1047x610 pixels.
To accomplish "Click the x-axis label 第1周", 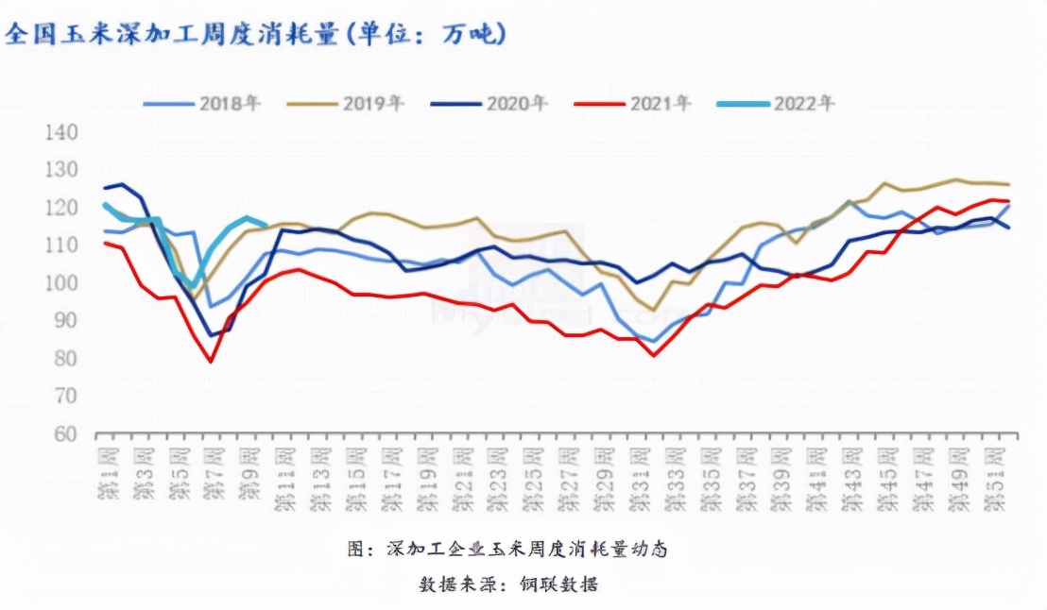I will click(108, 476).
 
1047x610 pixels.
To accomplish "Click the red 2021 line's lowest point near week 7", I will click(210, 362).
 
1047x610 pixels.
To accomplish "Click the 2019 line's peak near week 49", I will click(955, 179).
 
